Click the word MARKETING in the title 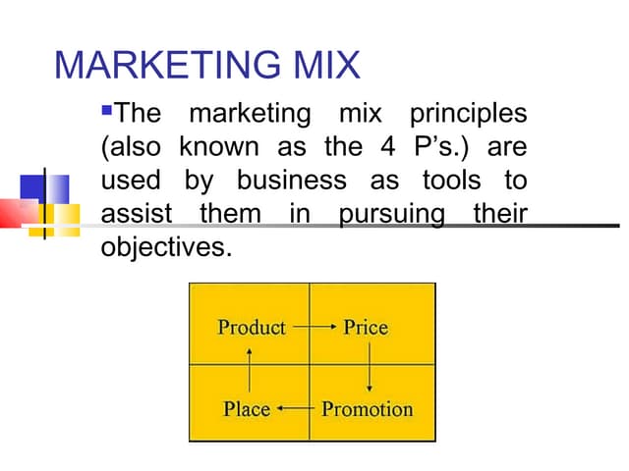pyautogui.click(x=167, y=66)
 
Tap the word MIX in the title pyautogui.click(x=324, y=66)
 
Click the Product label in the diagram pyautogui.click(x=252, y=328)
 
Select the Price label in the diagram pyautogui.click(x=366, y=328)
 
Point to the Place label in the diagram pyautogui.click(x=247, y=407)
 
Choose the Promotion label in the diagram pyautogui.click(x=368, y=407)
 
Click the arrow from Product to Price pyautogui.click(x=314, y=328)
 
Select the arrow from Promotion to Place pyautogui.click(x=295, y=407)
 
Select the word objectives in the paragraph pyautogui.click(x=166, y=246)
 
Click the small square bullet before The pyautogui.click(x=108, y=105)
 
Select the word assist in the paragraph pyautogui.click(x=137, y=214)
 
